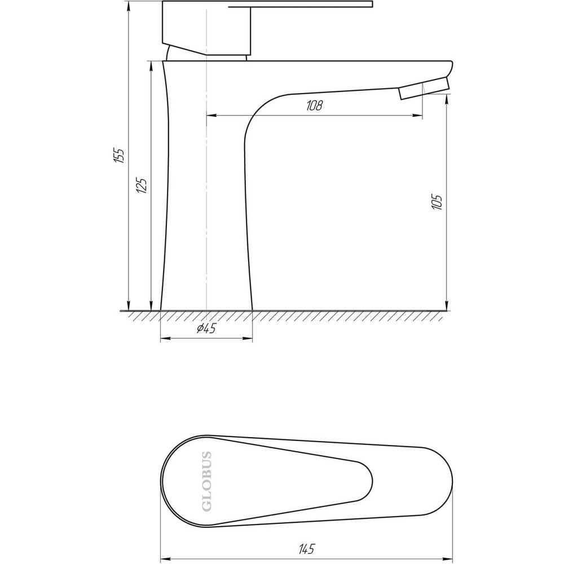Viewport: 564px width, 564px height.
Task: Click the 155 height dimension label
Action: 118,155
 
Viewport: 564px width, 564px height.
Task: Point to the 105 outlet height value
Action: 437,201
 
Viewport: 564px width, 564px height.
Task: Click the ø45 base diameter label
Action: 206,329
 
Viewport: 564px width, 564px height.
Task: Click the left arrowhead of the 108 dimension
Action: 210,116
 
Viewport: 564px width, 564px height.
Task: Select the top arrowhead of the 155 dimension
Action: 129,5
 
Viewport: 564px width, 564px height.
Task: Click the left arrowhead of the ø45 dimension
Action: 164,339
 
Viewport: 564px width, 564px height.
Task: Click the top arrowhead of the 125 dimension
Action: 151,64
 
